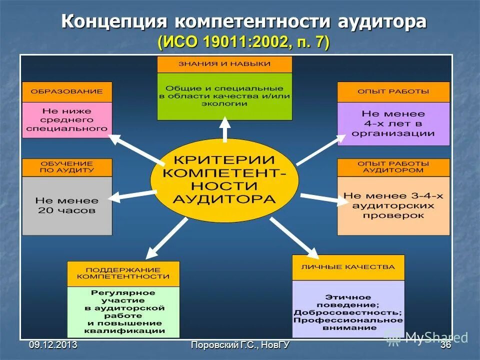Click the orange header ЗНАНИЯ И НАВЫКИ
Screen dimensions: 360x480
[224, 64]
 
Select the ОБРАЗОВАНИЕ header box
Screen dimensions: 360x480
[67, 92]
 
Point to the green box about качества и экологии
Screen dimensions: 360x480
[224, 96]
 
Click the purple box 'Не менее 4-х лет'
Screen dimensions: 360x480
[393, 124]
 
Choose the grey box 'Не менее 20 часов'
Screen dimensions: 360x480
[67, 205]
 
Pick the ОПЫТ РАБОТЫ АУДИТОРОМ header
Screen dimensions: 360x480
[393, 167]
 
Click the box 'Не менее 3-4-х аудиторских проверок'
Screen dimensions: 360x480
[393, 205]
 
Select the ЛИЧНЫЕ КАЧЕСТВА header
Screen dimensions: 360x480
[348, 267]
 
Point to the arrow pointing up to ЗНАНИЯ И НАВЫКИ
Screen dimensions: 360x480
[225, 129]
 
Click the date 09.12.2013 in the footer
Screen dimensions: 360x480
[53, 344]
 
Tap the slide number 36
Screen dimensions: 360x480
[445, 344]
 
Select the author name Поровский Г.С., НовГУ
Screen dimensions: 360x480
[240, 344]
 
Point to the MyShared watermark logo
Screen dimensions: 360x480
[425, 337]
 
